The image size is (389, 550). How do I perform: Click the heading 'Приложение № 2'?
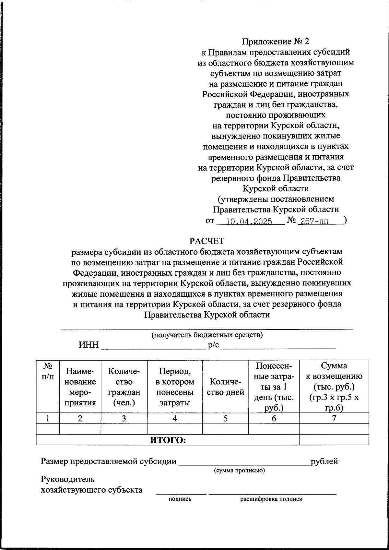276,42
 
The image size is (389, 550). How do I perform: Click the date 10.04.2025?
249,222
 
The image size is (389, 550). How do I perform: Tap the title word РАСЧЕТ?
207,241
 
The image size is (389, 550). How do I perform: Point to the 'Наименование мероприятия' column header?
80,387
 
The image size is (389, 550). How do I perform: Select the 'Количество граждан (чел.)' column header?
124,387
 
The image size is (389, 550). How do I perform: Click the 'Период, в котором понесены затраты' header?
175,387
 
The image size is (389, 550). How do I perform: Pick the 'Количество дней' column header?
225,387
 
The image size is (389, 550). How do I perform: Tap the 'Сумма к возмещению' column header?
334,387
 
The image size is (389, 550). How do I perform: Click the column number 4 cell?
175,418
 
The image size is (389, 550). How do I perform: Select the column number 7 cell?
334,418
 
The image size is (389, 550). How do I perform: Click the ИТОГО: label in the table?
168,440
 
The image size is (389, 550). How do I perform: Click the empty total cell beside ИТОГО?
334,440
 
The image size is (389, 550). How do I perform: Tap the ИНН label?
88,345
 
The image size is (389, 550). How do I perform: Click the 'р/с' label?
214,345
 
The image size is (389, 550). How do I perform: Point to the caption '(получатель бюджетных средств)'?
207,335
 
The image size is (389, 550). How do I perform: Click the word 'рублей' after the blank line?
324,461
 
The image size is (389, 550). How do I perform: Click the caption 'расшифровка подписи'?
271,499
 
